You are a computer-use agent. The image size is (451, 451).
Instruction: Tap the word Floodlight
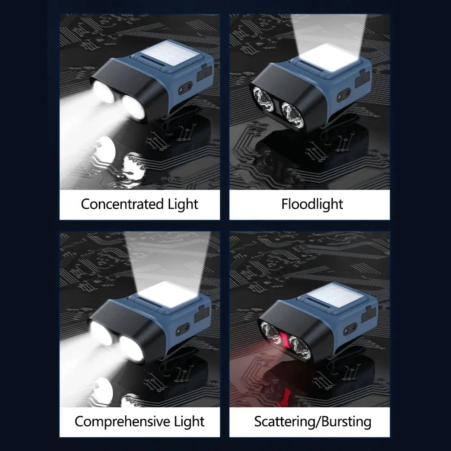coord(312,204)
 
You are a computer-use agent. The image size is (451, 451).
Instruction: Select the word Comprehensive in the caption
coord(123,422)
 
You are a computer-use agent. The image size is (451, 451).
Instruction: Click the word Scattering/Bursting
coord(313,422)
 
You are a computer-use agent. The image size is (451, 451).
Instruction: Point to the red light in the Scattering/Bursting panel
coord(285,339)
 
